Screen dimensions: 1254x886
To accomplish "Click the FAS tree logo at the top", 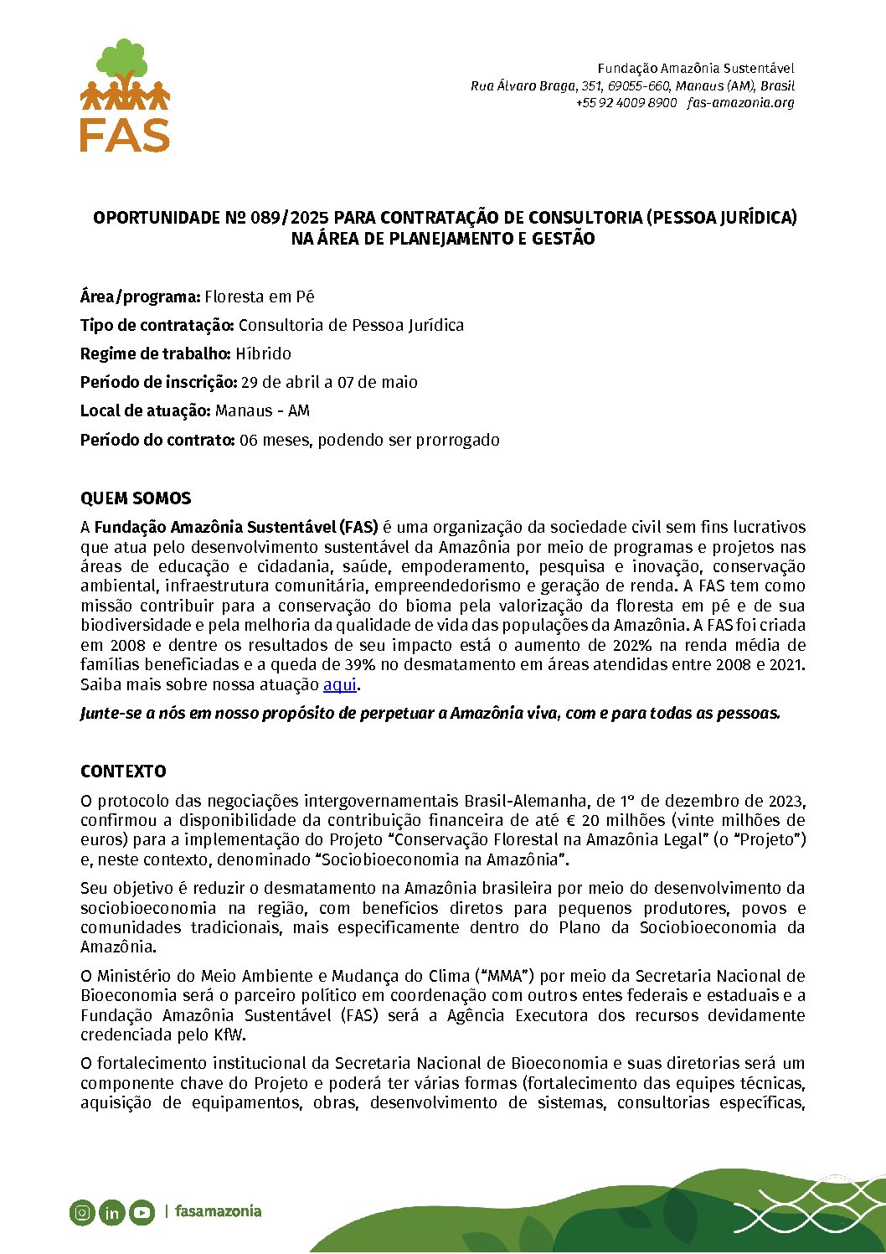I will [125, 95].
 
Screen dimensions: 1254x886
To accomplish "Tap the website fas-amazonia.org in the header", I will [740, 103].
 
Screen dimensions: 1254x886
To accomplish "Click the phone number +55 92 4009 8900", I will [626, 103].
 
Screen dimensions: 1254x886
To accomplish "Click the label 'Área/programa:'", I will [140, 297].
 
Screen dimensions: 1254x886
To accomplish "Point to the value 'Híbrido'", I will [263, 353].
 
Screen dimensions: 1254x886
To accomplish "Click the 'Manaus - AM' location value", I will [262, 410].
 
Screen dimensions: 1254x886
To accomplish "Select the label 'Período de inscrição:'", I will [158, 382].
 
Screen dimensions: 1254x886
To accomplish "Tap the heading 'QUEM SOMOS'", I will [136, 498].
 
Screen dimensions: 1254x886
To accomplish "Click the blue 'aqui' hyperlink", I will [340, 684].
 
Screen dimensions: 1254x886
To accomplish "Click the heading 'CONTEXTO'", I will [123, 771].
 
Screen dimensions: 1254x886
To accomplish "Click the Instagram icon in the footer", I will [82, 1212].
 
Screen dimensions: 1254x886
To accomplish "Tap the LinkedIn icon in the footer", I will [111, 1212].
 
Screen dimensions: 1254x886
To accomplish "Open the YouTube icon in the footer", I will [142, 1212].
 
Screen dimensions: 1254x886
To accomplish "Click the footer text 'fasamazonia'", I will [218, 1211].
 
